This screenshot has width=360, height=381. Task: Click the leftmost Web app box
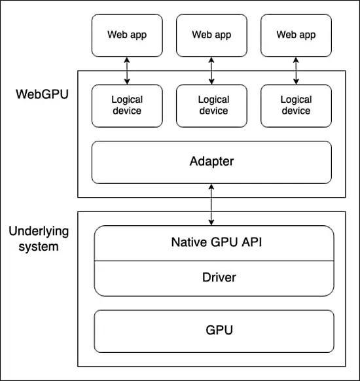pyautogui.click(x=127, y=35)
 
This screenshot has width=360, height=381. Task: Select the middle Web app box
pyautogui.click(x=211, y=35)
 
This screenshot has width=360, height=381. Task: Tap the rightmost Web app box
pyautogui.click(x=295, y=35)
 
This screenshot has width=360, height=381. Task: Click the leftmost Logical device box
pyautogui.click(x=127, y=105)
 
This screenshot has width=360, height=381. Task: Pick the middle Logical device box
pyautogui.click(x=213, y=105)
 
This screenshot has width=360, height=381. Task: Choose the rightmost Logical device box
pyautogui.click(x=295, y=105)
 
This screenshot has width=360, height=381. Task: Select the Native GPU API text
pyautogui.click(x=213, y=242)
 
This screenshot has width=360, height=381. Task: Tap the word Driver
pyautogui.click(x=218, y=278)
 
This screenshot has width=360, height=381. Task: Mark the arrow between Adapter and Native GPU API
pyautogui.click(x=211, y=204)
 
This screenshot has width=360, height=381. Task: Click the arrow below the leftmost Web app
pyautogui.click(x=127, y=71)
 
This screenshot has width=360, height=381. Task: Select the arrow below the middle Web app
pyautogui.click(x=211, y=71)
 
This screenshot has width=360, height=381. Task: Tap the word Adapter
pyautogui.click(x=211, y=161)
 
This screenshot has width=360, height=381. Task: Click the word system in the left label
pyautogui.click(x=33, y=247)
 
